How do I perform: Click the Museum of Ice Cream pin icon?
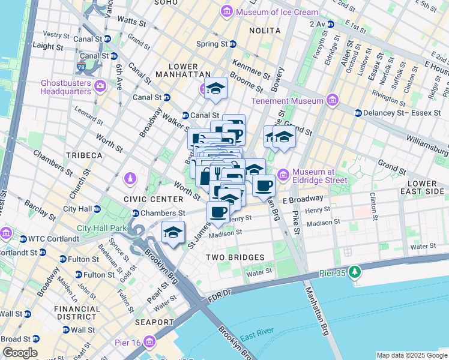(227, 11)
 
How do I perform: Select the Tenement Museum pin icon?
(331, 100)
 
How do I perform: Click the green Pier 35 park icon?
(355, 273)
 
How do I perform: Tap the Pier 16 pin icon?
(149, 342)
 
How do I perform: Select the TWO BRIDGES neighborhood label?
(235, 257)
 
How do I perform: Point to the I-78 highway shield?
(81, 62)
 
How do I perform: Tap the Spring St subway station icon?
(233, 44)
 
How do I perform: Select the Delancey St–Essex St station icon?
(358, 112)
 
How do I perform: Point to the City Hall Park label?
(102, 228)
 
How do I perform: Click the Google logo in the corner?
(20, 353)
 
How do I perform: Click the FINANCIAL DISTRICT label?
(77, 313)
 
